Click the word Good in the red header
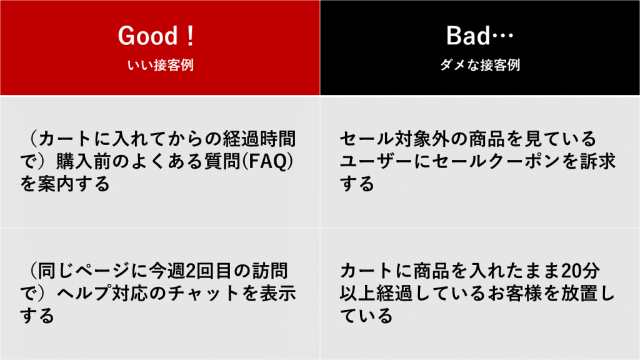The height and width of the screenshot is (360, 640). (x=147, y=36)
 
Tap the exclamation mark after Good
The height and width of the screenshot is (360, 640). (x=190, y=36)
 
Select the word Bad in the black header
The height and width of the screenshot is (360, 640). (x=467, y=36)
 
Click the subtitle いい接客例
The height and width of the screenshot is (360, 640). (x=160, y=65)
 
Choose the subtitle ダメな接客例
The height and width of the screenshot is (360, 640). (x=480, y=65)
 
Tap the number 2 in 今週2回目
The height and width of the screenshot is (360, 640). (x=190, y=271)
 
